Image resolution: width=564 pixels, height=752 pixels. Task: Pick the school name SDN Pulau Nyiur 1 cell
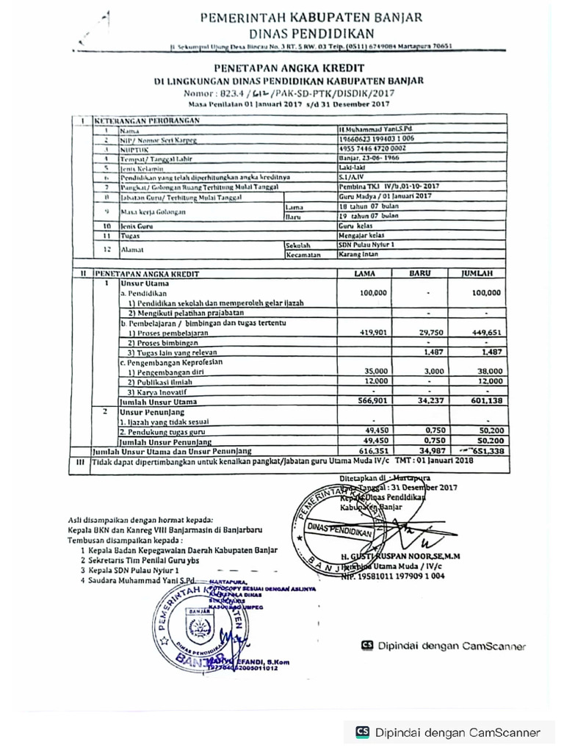click(x=366, y=245)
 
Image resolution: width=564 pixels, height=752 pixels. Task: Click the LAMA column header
click(x=364, y=273)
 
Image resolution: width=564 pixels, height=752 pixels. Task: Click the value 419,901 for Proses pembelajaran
click(x=372, y=332)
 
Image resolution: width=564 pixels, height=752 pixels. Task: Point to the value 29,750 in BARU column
click(x=431, y=332)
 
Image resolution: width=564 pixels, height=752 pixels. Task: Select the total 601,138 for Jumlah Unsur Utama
click(x=486, y=401)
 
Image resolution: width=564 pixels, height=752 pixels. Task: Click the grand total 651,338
click(x=485, y=450)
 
